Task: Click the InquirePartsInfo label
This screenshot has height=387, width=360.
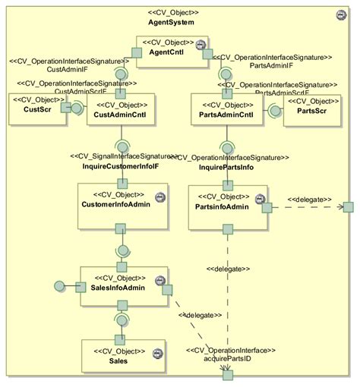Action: point(226,166)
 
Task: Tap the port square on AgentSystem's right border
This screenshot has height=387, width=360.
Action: point(348,207)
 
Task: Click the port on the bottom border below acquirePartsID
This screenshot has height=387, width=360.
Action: point(226,375)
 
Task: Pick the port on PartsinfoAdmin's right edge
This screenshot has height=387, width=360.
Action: point(267,207)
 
